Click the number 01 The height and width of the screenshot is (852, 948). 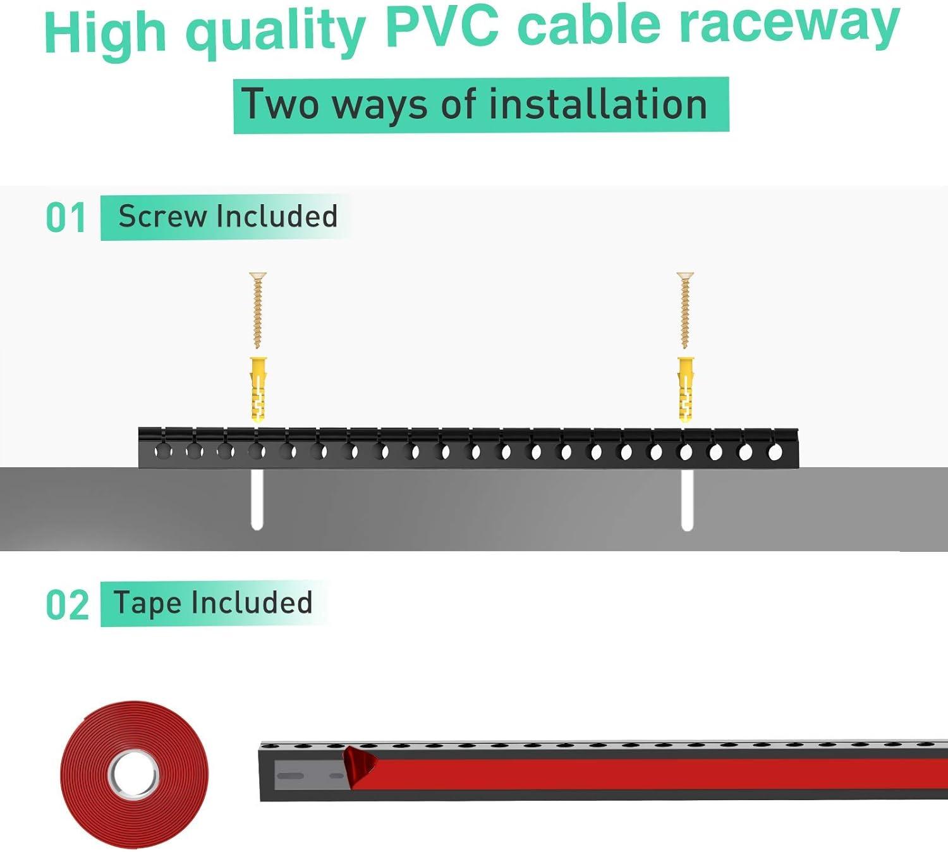(x=66, y=219)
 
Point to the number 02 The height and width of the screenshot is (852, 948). (x=67, y=605)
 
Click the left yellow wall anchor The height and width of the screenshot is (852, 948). (x=258, y=389)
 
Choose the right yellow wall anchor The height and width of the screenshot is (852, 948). (x=686, y=389)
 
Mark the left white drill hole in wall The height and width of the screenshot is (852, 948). (x=257, y=499)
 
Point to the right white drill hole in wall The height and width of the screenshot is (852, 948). (x=687, y=499)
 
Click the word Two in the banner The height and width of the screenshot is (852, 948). (x=280, y=105)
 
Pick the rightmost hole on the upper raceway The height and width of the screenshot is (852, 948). (x=775, y=453)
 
